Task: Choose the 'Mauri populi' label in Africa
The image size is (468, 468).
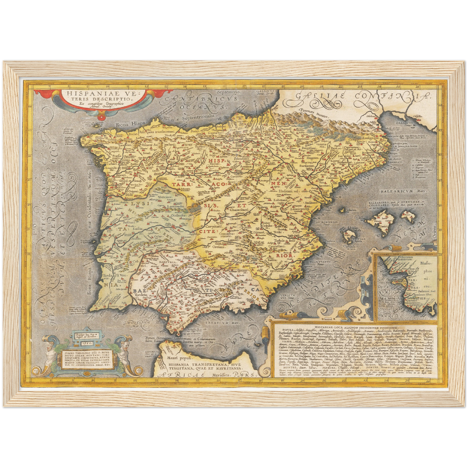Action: pyautogui.click(x=179, y=358)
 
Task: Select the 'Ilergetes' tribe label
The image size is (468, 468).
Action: pyautogui.click(x=313, y=158)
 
